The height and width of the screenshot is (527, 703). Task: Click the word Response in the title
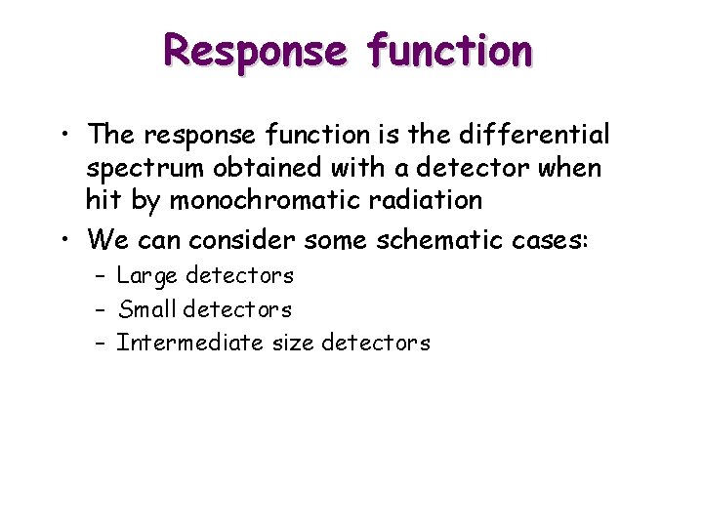(255, 50)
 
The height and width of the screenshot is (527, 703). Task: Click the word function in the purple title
(451, 50)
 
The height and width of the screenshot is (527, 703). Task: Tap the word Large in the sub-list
(147, 277)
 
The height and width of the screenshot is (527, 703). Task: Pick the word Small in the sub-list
(146, 309)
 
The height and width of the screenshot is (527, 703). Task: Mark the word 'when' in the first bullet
(572, 167)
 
